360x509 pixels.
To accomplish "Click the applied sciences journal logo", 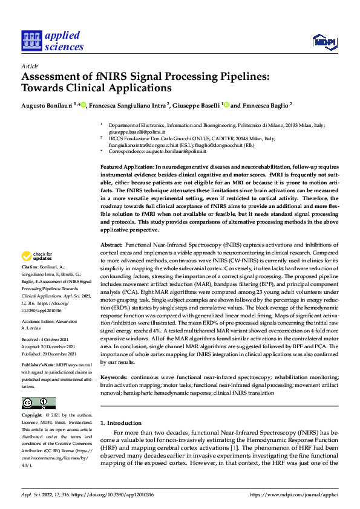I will [53, 41].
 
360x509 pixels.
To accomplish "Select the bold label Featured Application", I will [126, 166].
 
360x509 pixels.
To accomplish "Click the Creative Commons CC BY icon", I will [38, 403].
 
